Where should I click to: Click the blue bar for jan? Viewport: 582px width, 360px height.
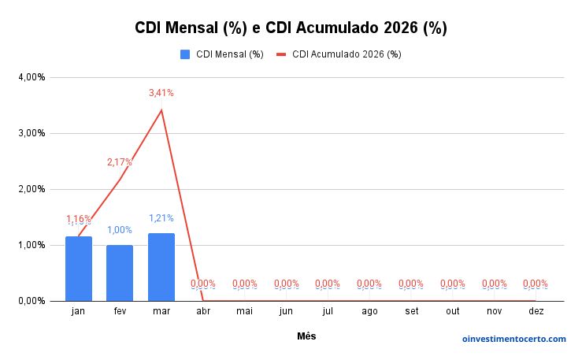(78, 269)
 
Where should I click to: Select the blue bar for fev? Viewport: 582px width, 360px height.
(120, 273)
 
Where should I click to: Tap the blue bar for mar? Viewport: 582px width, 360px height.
(161, 267)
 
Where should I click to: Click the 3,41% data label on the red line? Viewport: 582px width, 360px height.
(161, 93)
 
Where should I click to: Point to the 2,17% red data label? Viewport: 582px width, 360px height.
(120, 162)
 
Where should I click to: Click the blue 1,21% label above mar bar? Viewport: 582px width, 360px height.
(161, 218)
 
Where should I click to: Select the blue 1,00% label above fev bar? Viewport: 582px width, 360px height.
(120, 230)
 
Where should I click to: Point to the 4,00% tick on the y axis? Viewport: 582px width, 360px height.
(32, 77)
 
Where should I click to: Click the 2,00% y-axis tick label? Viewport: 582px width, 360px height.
(32, 189)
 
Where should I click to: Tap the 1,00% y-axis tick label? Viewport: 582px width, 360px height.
(32, 245)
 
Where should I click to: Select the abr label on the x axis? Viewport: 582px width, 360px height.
(203, 312)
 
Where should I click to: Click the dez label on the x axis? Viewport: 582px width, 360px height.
(536, 312)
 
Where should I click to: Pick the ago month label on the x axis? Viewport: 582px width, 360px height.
(369, 312)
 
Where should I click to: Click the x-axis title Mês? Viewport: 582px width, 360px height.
(306, 336)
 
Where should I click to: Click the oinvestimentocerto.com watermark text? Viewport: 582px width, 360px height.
(513, 339)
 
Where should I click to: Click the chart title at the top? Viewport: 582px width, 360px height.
(291, 28)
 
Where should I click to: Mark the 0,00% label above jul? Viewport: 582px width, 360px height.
(328, 284)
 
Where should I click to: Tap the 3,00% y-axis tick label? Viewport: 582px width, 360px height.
(32, 133)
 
